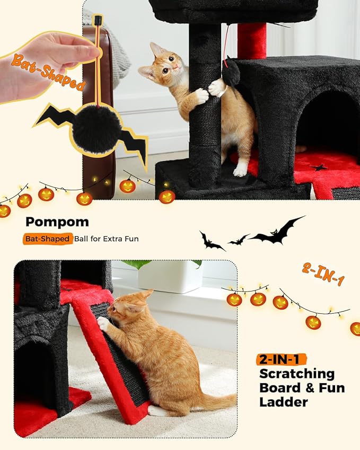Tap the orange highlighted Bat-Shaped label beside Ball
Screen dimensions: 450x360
(47, 239)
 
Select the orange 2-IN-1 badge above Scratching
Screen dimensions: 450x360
(283, 359)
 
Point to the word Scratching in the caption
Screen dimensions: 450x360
(297, 373)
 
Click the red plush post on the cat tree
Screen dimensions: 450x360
(251, 40)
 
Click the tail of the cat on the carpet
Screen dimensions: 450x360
(212, 401)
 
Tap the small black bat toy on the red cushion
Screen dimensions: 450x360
(319, 167)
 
